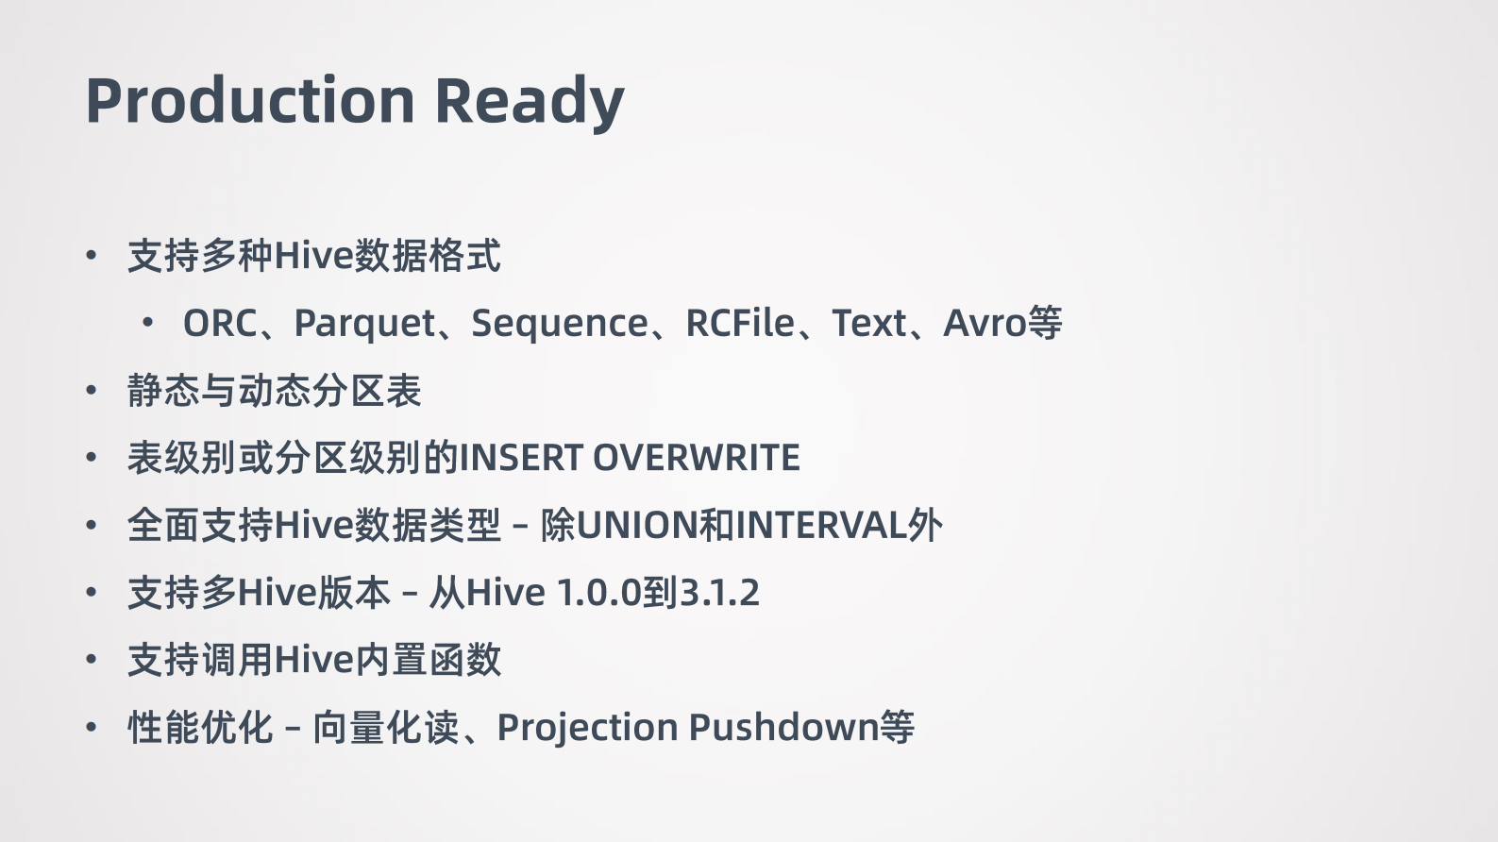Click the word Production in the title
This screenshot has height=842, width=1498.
coord(250,100)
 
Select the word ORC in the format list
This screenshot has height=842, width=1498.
coord(220,324)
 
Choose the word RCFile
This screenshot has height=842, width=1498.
coord(740,324)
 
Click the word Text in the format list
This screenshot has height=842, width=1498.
coord(868,324)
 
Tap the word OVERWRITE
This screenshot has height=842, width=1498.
coord(696,459)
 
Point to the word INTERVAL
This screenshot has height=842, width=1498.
coord(820,526)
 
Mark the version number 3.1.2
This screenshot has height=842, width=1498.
coord(719,593)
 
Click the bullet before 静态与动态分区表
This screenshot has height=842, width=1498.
coord(92,391)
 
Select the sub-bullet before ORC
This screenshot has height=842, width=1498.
coord(148,324)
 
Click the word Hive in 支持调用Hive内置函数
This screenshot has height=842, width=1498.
coord(312,660)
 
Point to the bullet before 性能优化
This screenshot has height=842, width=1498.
coord(92,728)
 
